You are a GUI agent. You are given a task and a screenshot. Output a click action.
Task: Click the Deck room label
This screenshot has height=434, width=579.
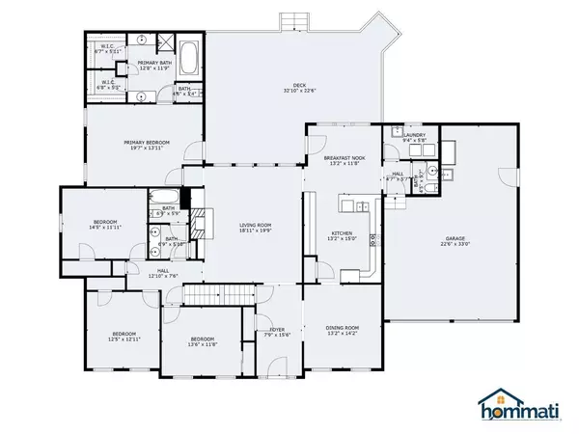[x=294, y=89]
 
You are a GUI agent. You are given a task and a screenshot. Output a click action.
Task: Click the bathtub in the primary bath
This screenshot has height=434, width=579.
[x=188, y=61]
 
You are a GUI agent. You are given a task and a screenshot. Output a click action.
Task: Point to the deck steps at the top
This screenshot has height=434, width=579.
[x=291, y=20]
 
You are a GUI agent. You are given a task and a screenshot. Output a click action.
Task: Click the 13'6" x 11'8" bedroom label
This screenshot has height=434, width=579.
[x=202, y=342]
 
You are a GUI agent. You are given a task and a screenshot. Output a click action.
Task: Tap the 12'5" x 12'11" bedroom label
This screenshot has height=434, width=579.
[x=124, y=338]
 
